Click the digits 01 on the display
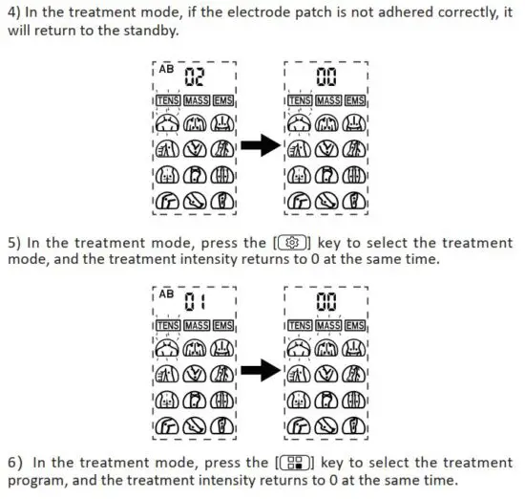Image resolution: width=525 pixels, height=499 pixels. [195, 304]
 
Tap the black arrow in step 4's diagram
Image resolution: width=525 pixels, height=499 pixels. [257, 145]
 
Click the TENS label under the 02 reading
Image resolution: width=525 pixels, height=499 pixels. [168, 101]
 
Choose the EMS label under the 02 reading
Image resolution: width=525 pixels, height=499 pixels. [221, 101]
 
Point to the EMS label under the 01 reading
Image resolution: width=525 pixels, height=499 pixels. [221, 327]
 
